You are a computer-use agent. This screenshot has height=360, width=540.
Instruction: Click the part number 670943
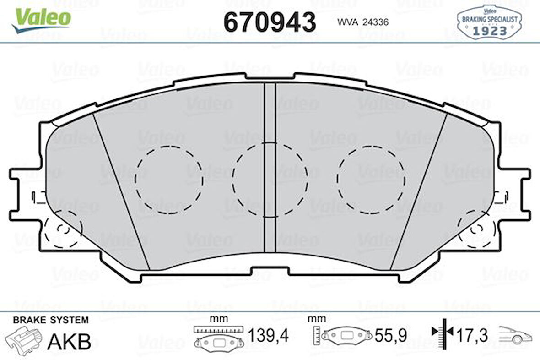[270, 22]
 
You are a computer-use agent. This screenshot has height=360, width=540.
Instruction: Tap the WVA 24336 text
[363, 22]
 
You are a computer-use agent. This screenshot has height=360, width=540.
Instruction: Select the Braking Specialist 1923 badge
[489, 23]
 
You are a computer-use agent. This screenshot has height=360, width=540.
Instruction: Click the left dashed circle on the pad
[169, 180]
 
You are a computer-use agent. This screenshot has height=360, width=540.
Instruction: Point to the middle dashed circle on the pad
[270, 179]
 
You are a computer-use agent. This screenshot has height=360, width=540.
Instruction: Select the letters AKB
[70, 341]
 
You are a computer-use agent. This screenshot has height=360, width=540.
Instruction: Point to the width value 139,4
[268, 336]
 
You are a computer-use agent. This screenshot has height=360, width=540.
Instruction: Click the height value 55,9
[390, 336]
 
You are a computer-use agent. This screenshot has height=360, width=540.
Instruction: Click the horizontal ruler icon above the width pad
[217, 329]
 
